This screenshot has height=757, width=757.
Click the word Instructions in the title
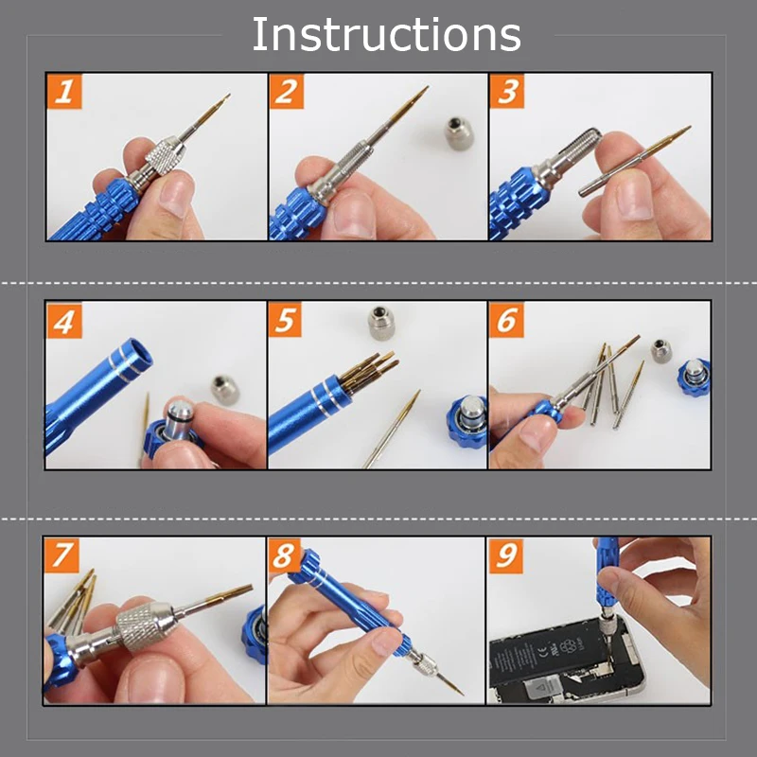point(386,35)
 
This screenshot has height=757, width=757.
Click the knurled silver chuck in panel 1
point(162,156)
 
